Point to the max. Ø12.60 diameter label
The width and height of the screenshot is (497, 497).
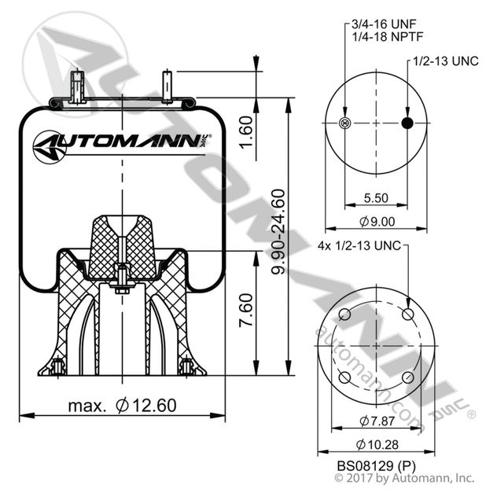[121, 406]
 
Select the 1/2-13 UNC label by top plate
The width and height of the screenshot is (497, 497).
[445, 61]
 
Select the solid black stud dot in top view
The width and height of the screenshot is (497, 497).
[407, 123]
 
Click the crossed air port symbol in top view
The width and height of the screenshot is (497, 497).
[343, 123]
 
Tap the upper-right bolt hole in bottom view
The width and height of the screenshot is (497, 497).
[407, 315]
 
